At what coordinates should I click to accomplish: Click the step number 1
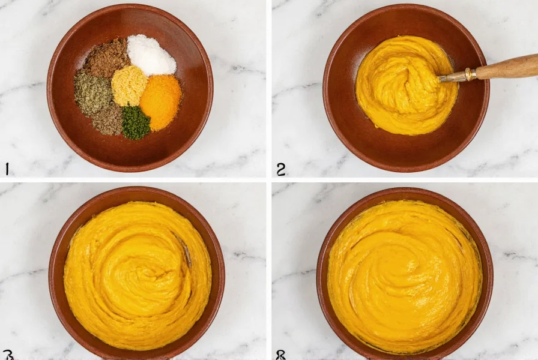coord(7,169)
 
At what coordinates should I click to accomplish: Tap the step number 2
coord(280,169)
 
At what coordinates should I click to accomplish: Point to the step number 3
coord(8,355)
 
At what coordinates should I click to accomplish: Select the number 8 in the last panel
coord(280,355)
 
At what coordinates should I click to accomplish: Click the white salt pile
coord(151,55)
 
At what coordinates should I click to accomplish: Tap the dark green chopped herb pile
coord(136,122)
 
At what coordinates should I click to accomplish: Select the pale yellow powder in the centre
coord(129,86)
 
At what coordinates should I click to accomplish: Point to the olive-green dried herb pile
coord(92,94)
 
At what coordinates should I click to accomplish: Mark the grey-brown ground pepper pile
coord(109,119)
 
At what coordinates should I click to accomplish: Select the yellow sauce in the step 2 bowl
coord(396,90)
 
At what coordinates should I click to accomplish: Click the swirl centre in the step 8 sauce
coord(405,270)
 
